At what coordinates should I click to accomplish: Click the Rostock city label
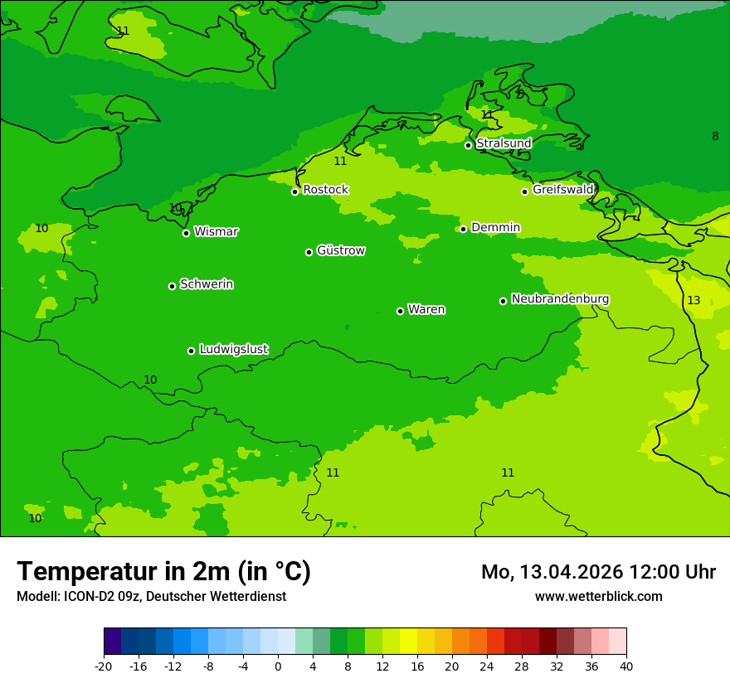(x=325, y=190)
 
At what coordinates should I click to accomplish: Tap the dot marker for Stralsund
(x=468, y=145)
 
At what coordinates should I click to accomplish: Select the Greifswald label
(x=562, y=190)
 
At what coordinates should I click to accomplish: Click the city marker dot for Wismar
(x=186, y=233)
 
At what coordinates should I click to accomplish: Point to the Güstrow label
(x=340, y=250)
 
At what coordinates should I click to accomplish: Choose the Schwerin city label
(x=207, y=284)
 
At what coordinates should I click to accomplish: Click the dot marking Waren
(x=400, y=311)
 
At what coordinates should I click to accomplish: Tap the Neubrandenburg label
(x=560, y=298)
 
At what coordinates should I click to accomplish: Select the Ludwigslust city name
(x=233, y=349)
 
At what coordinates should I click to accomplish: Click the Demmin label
(x=495, y=227)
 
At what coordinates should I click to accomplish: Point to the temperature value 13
(x=693, y=300)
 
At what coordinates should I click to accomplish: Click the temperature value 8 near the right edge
(x=715, y=136)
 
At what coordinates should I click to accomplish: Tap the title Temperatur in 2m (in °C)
(x=163, y=571)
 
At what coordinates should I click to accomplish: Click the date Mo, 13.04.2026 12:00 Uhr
(x=598, y=572)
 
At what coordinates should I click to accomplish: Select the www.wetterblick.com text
(x=598, y=596)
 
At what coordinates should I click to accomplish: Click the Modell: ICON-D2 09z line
(x=151, y=596)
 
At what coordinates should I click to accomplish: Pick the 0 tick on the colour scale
(x=278, y=666)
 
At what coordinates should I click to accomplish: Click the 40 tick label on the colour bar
(x=626, y=666)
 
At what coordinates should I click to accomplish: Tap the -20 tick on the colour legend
(x=104, y=666)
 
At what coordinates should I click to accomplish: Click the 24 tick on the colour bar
(x=487, y=666)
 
